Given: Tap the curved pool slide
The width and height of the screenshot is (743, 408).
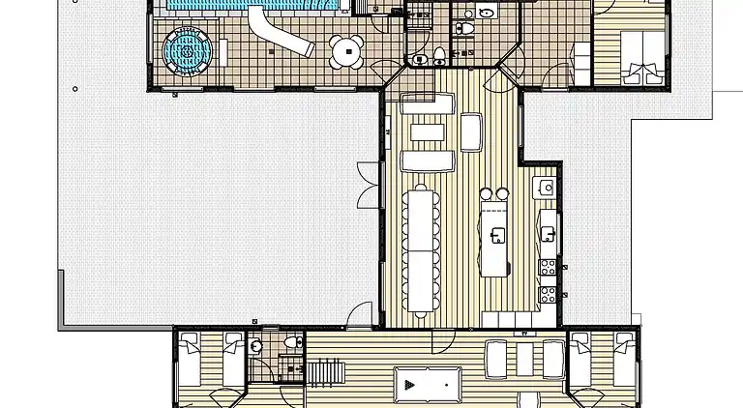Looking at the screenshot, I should pos(280,33).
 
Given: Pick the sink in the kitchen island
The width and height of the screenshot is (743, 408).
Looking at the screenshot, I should pos(498,235).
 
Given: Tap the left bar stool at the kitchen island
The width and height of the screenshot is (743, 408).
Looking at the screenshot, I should pos(487,194).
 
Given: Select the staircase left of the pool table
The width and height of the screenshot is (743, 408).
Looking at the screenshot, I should pos(324,371).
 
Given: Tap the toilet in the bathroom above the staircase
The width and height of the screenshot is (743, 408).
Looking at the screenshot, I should pos(294,343).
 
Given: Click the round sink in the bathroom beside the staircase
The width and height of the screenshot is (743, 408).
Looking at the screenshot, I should pos(255,346).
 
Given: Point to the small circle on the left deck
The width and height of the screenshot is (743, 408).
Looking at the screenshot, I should pos(74,89).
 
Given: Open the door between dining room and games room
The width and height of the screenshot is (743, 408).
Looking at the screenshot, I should pos(441,337).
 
